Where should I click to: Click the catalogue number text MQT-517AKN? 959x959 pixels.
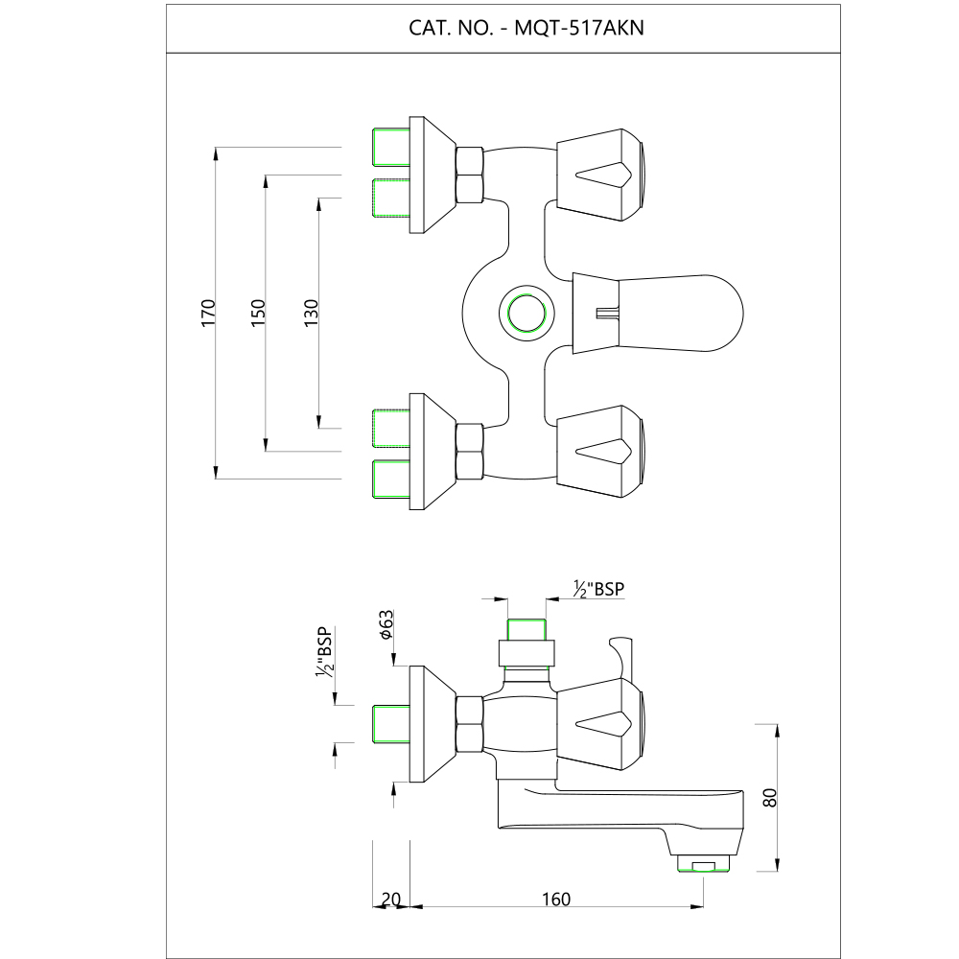(579, 28)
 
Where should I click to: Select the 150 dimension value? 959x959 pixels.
(257, 313)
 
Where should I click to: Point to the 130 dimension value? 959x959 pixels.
(310, 313)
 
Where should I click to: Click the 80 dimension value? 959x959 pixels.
(768, 798)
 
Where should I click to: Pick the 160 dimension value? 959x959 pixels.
(555, 899)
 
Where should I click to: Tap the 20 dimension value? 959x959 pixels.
(389, 899)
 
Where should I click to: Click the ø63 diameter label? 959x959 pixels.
(384, 624)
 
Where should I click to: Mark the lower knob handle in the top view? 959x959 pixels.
(602, 451)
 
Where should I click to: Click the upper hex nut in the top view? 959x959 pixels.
(469, 175)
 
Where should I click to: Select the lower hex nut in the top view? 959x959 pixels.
(469, 451)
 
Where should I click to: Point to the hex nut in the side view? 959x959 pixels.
(469, 723)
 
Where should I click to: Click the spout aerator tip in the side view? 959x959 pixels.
(703, 865)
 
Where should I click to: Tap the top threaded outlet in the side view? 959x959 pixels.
(526, 631)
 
